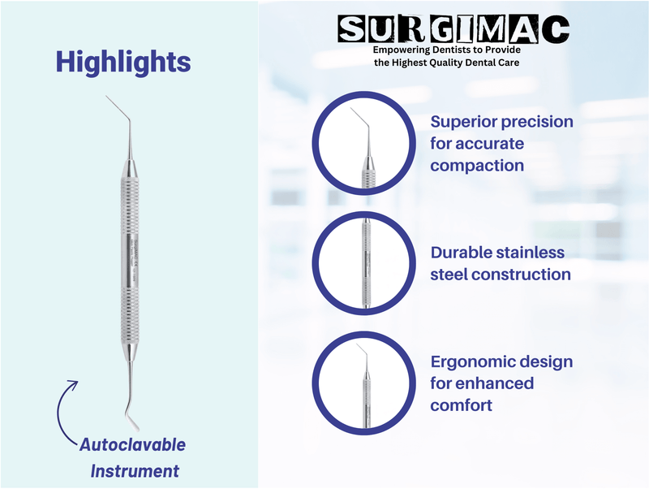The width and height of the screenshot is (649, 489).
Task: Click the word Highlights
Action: [122, 62]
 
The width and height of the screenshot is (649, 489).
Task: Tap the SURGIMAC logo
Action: [453, 29]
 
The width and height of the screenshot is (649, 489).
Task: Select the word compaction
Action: [477, 166]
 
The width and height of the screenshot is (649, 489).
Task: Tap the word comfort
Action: [462, 405]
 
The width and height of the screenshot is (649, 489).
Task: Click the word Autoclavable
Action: [132, 445]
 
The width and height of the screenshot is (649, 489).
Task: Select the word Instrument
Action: [135, 470]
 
